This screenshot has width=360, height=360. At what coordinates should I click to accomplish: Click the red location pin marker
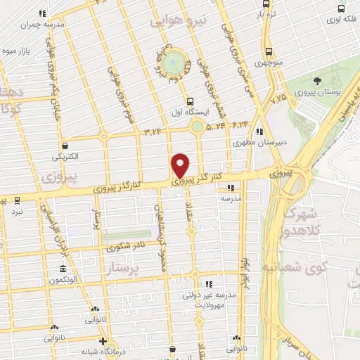click(181, 165)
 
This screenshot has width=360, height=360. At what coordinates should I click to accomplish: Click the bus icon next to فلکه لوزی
click(342, 9)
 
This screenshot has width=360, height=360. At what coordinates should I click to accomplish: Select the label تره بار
click(264, 13)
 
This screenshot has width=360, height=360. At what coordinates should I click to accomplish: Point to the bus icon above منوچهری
click(269, 51)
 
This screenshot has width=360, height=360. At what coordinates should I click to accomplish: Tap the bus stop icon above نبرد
click(17, 200)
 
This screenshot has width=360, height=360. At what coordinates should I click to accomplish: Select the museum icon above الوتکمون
click(63, 270)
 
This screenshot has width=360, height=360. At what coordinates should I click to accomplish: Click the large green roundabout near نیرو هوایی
click(175, 63)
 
